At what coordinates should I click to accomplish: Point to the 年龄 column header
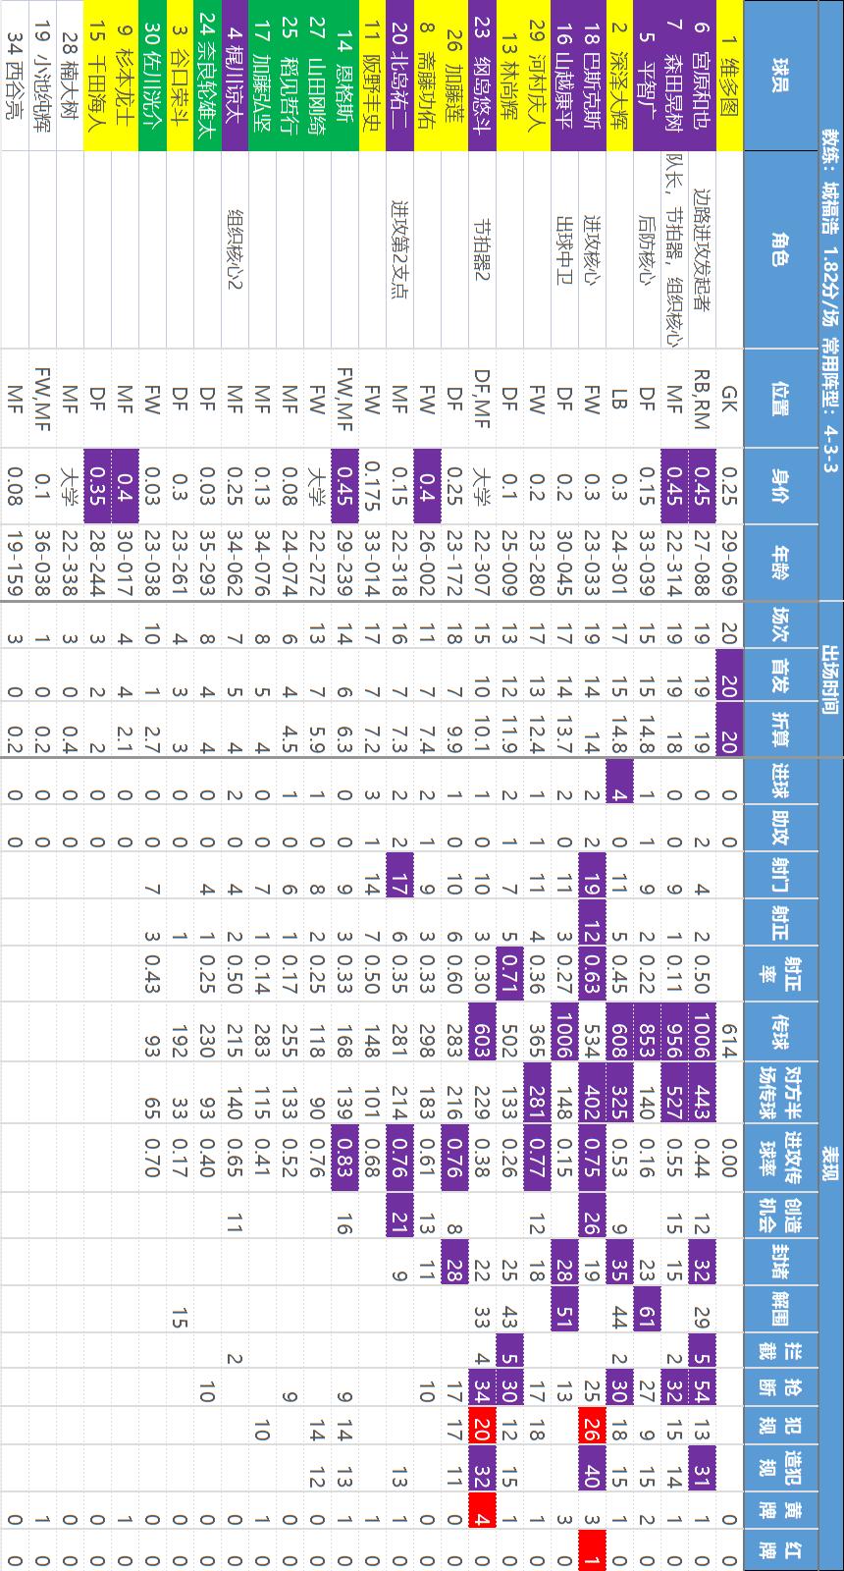[779, 565]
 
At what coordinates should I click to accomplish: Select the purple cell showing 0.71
[508, 972]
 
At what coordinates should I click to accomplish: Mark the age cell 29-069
[728, 565]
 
